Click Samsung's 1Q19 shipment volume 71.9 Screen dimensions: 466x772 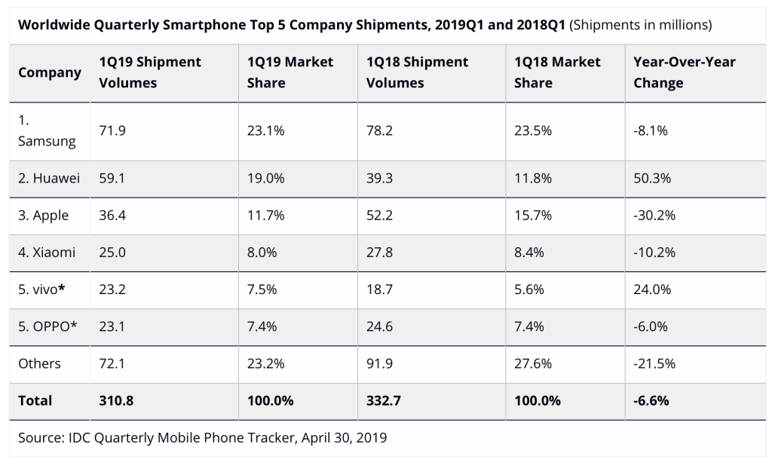(112, 130)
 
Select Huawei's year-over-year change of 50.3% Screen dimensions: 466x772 (652, 179)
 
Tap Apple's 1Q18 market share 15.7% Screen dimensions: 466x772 (533, 216)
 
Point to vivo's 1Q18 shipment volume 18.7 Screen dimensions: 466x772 (379, 290)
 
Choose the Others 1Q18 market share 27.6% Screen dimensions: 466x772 (533, 363)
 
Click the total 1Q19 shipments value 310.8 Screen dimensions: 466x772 (116, 400)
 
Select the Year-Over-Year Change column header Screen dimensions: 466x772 (684, 72)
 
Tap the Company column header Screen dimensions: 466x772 (50, 72)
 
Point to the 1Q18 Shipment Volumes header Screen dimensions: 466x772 (418, 72)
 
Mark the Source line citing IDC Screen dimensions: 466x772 (202, 437)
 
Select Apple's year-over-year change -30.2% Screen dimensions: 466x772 (654, 216)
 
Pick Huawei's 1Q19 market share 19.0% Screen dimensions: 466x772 (265, 179)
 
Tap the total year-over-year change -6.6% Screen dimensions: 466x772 (651, 400)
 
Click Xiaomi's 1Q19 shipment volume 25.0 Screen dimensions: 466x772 (112, 253)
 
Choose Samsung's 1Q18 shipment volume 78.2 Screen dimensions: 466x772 (379, 130)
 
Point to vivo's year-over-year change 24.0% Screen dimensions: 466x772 (652, 290)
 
